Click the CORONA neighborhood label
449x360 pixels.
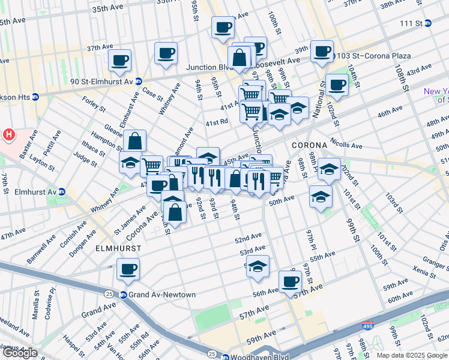[x=309, y=145]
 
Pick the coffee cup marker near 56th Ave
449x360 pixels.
[x=291, y=281]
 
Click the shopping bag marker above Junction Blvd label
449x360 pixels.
[x=240, y=58]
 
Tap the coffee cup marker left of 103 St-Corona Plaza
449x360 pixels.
[x=322, y=51]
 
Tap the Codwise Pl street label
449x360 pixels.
[x=53, y=299]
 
